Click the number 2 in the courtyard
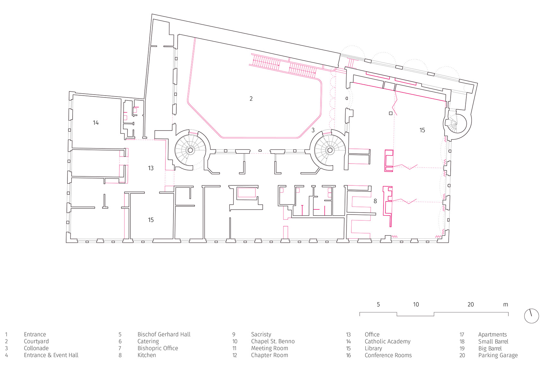pyautogui.click(x=251, y=98)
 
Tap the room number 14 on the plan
pyautogui.click(x=96, y=123)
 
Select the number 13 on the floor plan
pyautogui.click(x=151, y=168)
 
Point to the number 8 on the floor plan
pyautogui.click(x=375, y=201)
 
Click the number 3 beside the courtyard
pyautogui.click(x=313, y=130)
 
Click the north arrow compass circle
pyautogui.click(x=531, y=316)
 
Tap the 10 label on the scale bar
pyautogui.click(x=416, y=304)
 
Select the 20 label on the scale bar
pyautogui.click(x=471, y=304)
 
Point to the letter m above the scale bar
pyautogui.click(x=506, y=305)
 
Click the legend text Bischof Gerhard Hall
pyautogui.click(x=164, y=334)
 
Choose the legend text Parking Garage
pyautogui.click(x=498, y=355)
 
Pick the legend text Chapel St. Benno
pyautogui.click(x=273, y=341)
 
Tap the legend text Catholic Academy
pyautogui.click(x=388, y=341)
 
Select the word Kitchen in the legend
pyautogui.click(x=147, y=355)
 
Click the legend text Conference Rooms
pyautogui.click(x=388, y=355)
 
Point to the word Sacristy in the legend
pyautogui.click(x=261, y=334)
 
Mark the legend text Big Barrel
pyautogui.click(x=490, y=348)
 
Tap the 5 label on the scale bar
pyautogui.click(x=378, y=304)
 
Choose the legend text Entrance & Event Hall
pyautogui.click(x=51, y=355)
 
